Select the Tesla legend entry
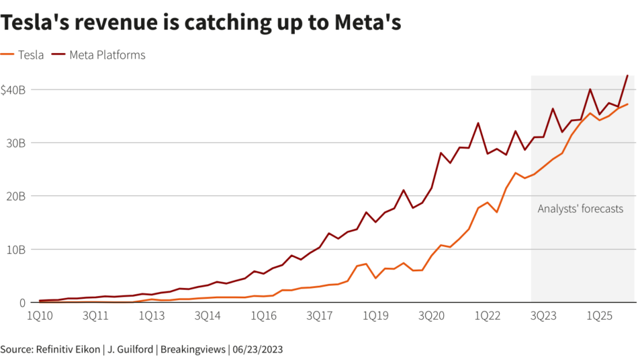pyautogui.click(x=30, y=55)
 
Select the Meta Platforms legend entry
pyautogui.click(x=107, y=55)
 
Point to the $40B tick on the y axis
pyautogui.click(x=13, y=89)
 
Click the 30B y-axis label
pyautogui.click(x=15, y=143)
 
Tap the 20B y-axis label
pyautogui.click(x=15, y=196)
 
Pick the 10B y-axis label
pyautogui.click(x=15, y=249)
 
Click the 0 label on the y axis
pyautogui.click(x=22, y=302)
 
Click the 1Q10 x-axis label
pyautogui.click(x=40, y=315)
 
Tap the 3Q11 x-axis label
pyautogui.click(x=95, y=315)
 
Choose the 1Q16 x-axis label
pyautogui.click(x=263, y=315)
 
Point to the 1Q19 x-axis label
pyautogui.click(x=375, y=315)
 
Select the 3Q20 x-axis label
pyautogui.click(x=430, y=315)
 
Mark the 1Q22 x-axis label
pyautogui.click(x=486, y=315)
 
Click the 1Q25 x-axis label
pyautogui.click(x=598, y=315)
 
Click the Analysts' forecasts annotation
pyautogui.click(x=580, y=209)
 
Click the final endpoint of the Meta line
pyautogui.click(x=627, y=75)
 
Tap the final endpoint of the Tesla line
pyautogui.click(x=627, y=104)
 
